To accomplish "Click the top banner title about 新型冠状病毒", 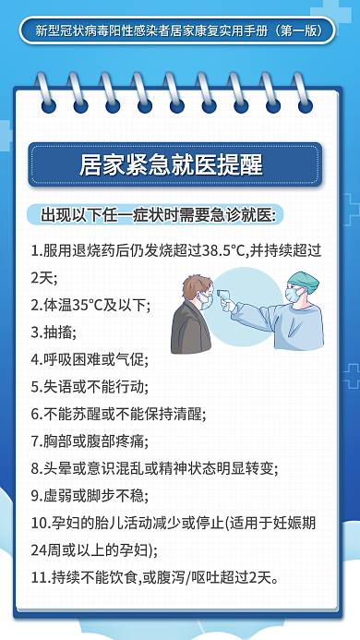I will (179, 30).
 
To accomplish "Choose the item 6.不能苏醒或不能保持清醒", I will (117, 413).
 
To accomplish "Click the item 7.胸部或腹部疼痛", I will (96, 441).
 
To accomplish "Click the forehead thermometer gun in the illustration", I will (228, 298).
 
